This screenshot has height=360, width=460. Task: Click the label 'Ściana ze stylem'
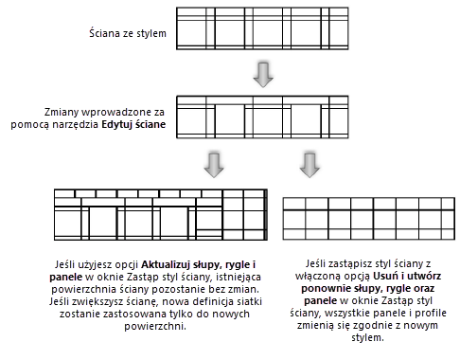click(128, 33)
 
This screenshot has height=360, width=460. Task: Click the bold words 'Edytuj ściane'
click(133, 124)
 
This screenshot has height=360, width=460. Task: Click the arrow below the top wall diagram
click(263, 75)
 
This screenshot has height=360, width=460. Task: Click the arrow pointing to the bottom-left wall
click(214, 165)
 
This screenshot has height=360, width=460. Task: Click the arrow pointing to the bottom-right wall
click(310, 165)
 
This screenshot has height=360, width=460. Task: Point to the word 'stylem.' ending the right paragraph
click(367, 337)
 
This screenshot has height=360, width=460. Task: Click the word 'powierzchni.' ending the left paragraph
click(155, 326)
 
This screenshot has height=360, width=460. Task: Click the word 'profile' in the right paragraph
click(431, 313)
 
